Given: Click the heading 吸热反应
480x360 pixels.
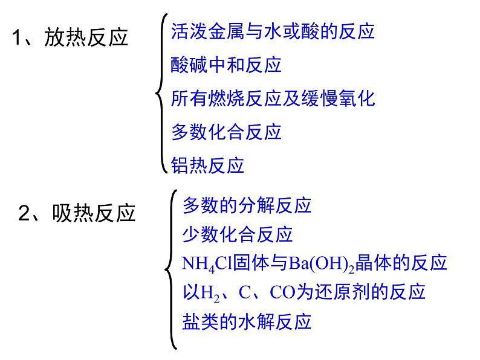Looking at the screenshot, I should [94, 213].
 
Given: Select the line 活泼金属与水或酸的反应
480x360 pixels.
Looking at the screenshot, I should [273, 31].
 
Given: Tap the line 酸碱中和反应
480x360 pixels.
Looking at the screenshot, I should [226, 65].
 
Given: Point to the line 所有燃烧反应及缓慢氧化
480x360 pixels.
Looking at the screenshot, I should [273, 98].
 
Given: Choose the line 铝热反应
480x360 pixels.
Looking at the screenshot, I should [207, 165].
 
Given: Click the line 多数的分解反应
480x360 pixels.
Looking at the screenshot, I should [247, 205].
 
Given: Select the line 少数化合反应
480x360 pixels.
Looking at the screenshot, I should [237, 234].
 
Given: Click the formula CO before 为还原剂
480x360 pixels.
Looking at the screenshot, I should [282, 292].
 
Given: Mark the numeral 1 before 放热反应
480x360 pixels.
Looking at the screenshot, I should [18, 38].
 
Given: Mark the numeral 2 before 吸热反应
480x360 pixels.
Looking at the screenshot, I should [25, 213].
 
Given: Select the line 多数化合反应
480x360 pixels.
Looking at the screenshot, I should [226, 131].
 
